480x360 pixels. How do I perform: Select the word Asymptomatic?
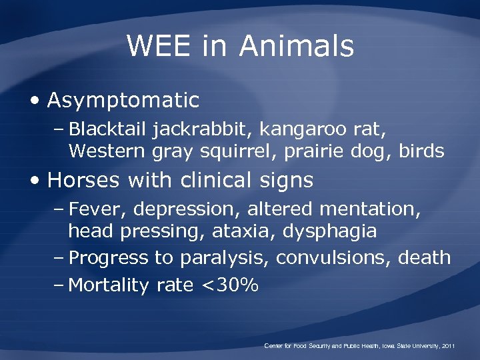tap(123, 101)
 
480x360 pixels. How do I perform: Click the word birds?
tap(421, 151)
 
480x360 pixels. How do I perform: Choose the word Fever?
tap(98, 209)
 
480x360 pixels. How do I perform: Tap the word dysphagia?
tap(329, 232)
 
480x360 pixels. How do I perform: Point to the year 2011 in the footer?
tap(447, 346)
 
